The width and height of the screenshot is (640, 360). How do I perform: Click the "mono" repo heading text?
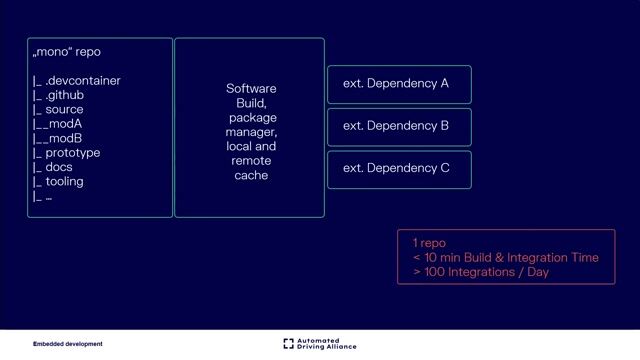point(67,52)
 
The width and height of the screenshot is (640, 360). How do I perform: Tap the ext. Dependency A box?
point(399,84)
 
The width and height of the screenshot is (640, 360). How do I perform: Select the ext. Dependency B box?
point(399,126)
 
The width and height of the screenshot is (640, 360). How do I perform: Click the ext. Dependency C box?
point(399,168)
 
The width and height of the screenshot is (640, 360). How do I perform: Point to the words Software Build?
point(251,96)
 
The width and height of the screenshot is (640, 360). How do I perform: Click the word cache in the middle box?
point(251,175)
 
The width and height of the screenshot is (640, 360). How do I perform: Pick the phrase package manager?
point(251,125)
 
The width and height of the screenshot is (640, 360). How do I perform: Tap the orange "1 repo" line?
point(429,243)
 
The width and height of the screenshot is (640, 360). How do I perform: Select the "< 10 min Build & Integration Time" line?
point(505,257)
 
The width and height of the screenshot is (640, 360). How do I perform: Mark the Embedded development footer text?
point(67,344)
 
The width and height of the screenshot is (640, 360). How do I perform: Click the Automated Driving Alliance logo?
point(320,344)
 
